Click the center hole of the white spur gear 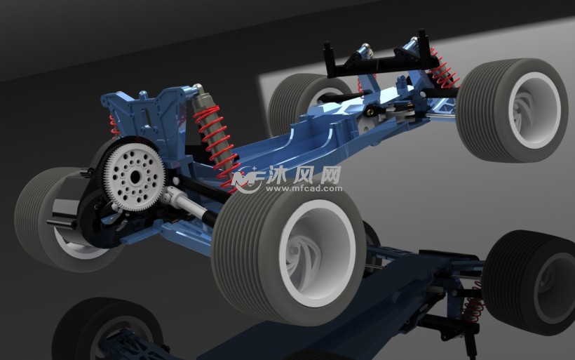135,178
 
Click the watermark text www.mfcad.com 304,189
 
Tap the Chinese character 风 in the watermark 304,174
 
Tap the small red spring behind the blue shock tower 114,126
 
